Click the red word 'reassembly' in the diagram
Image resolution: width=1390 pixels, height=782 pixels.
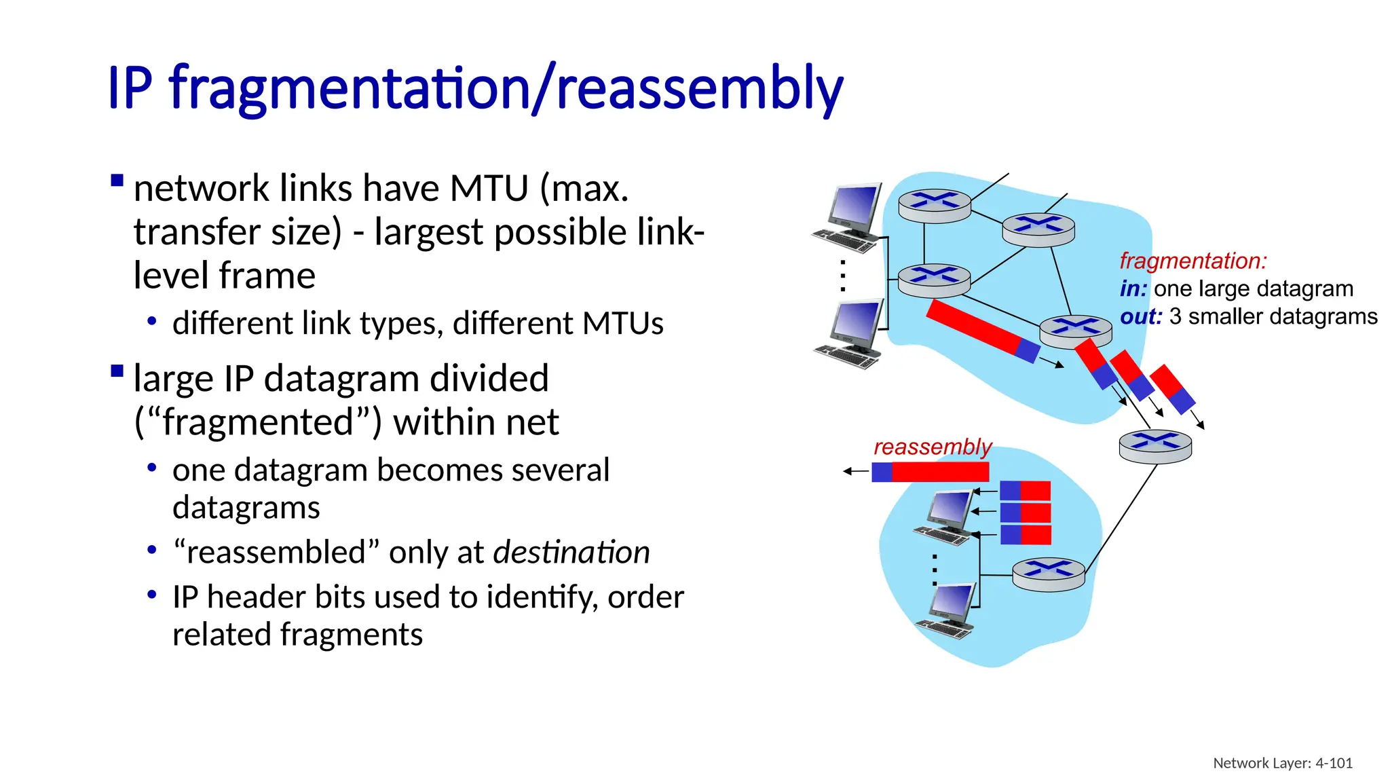(932, 447)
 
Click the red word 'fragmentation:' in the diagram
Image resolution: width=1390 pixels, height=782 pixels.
(1193, 261)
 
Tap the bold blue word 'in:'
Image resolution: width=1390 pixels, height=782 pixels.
(1133, 289)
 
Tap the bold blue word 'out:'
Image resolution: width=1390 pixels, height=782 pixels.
(1140, 317)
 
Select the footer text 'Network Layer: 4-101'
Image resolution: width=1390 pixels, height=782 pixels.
(1282, 763)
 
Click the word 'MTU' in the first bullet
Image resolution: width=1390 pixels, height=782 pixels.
(489, 188)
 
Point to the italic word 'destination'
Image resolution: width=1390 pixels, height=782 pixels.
(571, 552)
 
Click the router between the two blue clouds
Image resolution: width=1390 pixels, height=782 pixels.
(1155, 446)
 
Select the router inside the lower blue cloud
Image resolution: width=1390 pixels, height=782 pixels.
(1049, 574)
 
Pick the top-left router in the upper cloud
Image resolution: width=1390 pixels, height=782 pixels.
(935, 206)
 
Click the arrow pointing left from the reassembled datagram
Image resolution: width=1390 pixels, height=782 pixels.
(855, 471)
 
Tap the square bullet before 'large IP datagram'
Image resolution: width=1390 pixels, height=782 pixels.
(117, 371)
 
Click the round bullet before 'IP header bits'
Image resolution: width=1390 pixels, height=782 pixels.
(152, 595)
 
